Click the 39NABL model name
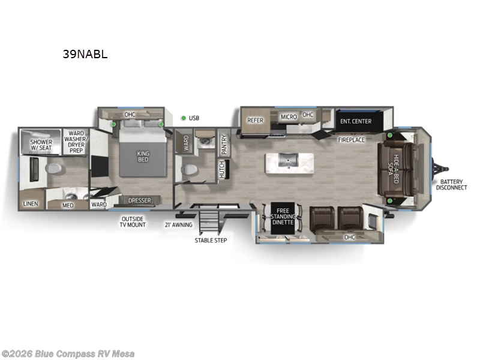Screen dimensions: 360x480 pos(85,53)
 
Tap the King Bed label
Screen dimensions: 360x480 pos(143,157)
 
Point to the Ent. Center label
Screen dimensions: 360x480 pos(355,121)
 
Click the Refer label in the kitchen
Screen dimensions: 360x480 pos(256,120)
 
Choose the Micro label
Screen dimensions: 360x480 pos(289,116)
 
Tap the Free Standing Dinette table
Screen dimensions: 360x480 pos(283,216)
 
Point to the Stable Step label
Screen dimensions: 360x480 pos(211,241)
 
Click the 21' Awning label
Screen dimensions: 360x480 pos(178,226)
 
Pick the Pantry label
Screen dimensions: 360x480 pos(224,145)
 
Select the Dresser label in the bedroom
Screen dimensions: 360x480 pos(139,200)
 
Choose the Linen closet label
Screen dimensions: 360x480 pos(31,204)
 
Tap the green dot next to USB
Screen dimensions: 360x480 pos(184,118)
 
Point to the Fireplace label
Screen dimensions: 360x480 pos(351,140)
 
